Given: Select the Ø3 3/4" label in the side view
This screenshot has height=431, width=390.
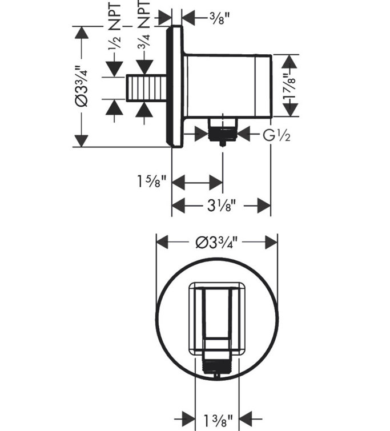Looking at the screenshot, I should pyautogui.click(x=82, y=86).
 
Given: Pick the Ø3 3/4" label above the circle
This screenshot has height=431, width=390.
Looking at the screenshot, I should pyautogui.click(x=217, y=243).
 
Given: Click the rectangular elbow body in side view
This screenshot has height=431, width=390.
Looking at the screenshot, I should pyautogui.click(x=228, y=86).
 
